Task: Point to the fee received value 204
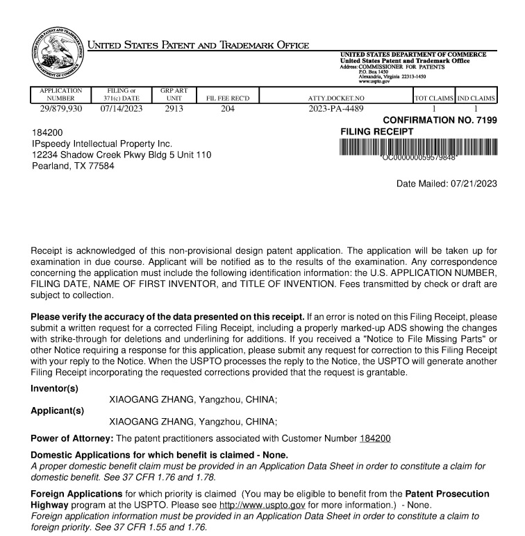tap(228, 108)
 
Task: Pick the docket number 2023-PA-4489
tap(335, 108)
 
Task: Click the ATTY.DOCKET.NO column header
tap(335, 98)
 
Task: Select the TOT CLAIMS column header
tap(433, 98)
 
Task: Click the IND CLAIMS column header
tap(476, 98)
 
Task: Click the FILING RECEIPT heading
tap(377, 131)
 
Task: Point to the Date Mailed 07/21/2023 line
tap(447, 184)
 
